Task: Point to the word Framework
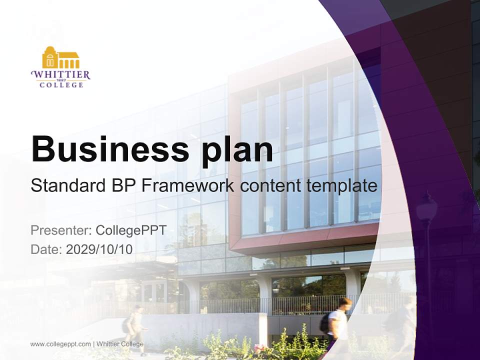[187, 186]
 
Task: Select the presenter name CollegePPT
[131, 230]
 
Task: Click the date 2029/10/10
[99, 249]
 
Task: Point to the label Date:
[46, 249]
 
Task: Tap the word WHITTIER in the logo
[60, 74]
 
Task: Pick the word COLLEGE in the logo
[61, 85]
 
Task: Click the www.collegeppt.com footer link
[60, 344]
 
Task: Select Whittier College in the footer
[120, 344]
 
